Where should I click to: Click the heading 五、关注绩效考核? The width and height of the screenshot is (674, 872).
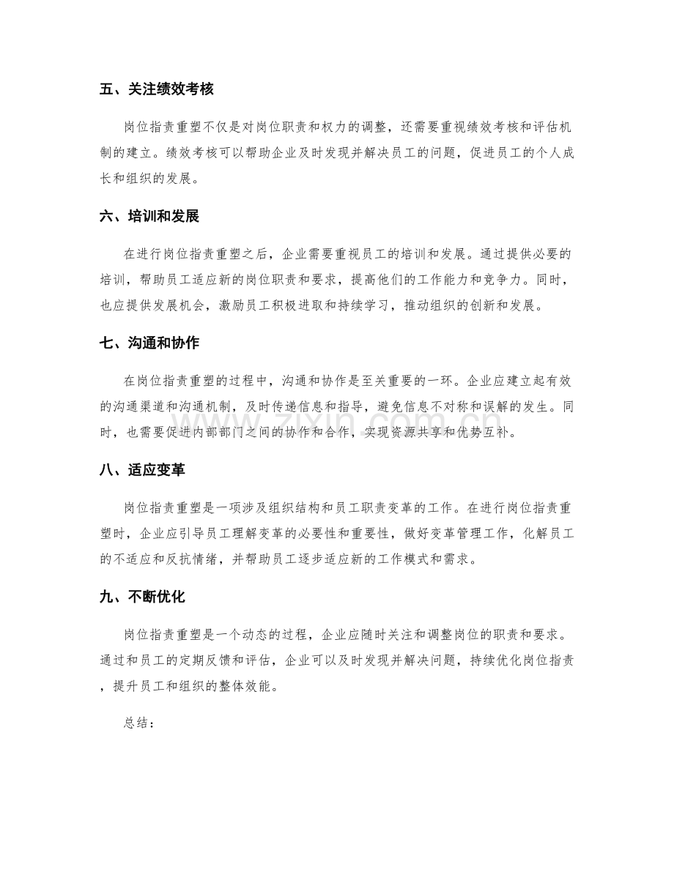156,90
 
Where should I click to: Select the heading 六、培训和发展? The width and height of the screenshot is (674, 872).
150,216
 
